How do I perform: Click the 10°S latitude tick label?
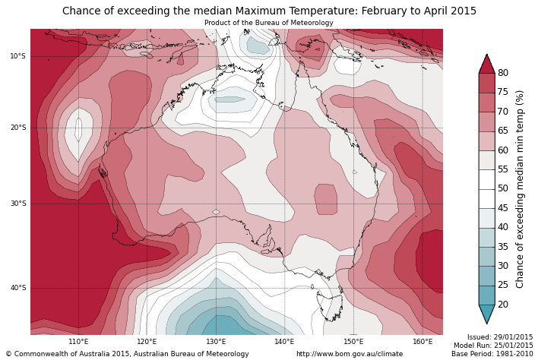pyautogui.click(x=17, y=56)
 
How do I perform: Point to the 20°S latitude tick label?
pyautogui.click(x=17, y=128)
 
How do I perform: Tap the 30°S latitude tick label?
pyautogui.click(x=17, y=204)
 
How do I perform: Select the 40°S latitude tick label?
pyautogui.click(x=17, y=288)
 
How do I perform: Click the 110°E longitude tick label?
pyautogui.click(x=78, y=342)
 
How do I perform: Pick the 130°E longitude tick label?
pyautogui.click(x=216, y=342)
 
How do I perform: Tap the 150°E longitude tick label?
pyautogui.click(x=353, y=342)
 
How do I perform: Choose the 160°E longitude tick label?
pyautogui.click(x=422, y=342)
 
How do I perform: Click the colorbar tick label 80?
pyautogui.click(x=503, y=73)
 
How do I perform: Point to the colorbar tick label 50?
pyautogui.click(x=503, y=188)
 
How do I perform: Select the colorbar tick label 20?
pyautogui.click(x=503, y=305)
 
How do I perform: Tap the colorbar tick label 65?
pyautogui.click(x=503, y=131)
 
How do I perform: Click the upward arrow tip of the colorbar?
pyautogui.click(x=486, y=55)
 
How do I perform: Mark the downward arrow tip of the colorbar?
pyautogui.click(x=486, y=324)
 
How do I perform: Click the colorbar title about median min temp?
pyautogui.click(x=521, y=188)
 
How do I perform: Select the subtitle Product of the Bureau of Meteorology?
pyautogui.click(x=269, y=23)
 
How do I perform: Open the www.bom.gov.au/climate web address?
pyautogui.click(x=350, y=354)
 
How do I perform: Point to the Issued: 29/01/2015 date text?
pyautogui.click(x=500, y=337)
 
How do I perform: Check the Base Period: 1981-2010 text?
pyautogui.click(x=492, y=354)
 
